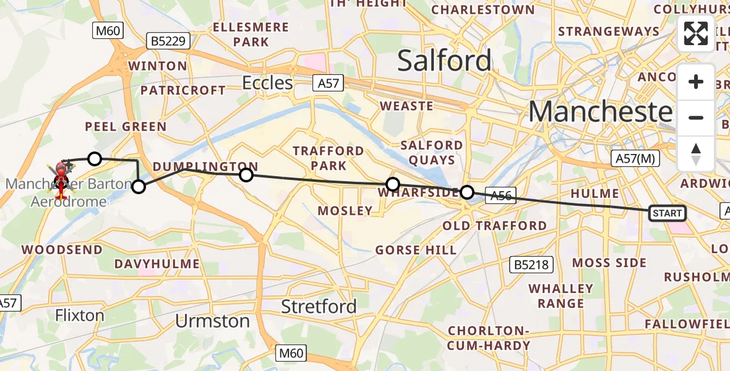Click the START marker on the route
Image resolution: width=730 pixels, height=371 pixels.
(x=667, y=213)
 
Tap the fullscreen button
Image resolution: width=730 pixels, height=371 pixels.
(x=696, y=33)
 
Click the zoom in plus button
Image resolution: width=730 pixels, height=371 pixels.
(x=696, y=82)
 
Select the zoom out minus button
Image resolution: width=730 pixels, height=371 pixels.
(x=696, y=117)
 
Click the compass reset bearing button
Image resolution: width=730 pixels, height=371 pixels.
(x=696, y=153)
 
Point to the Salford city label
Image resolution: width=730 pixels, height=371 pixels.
(x=444, y=61)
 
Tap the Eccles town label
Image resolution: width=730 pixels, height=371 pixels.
(x=267, y=83)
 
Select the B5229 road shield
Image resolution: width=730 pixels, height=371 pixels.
(x=168, y=41)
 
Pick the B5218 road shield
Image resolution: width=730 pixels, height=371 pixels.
(x=530, y=265)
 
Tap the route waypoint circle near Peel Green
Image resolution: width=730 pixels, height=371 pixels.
(x=94, y=159)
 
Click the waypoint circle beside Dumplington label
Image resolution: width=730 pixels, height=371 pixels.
(x=246, y=175)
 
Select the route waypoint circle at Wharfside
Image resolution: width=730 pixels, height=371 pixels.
(x=392, y=184)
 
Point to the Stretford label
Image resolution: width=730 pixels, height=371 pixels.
(x=319, y=306)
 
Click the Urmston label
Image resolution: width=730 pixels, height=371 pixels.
(x=212, y=321)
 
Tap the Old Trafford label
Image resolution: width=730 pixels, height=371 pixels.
(x=494, y=226)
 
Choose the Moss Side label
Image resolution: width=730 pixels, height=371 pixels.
(x=609, y=263)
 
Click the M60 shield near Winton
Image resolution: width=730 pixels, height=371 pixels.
(x=108, y=31)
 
